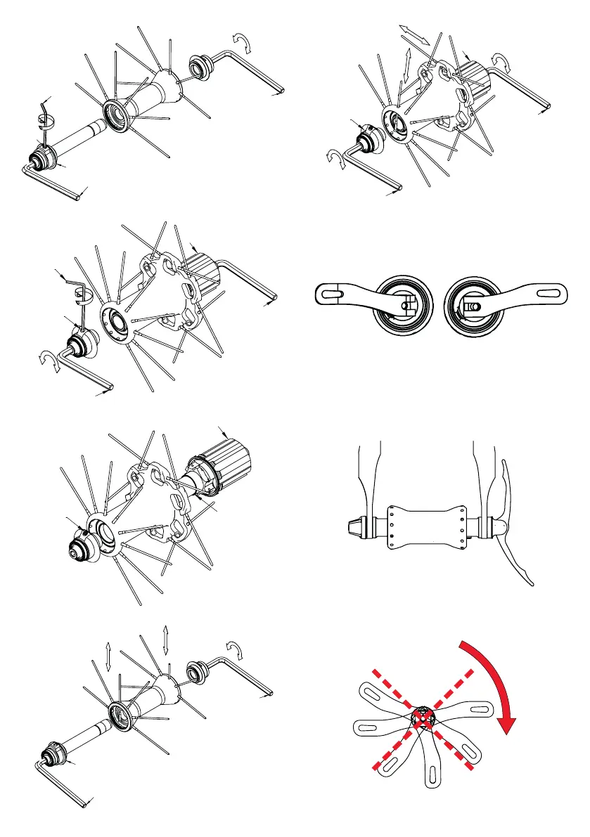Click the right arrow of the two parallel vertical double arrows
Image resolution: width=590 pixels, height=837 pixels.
165,640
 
